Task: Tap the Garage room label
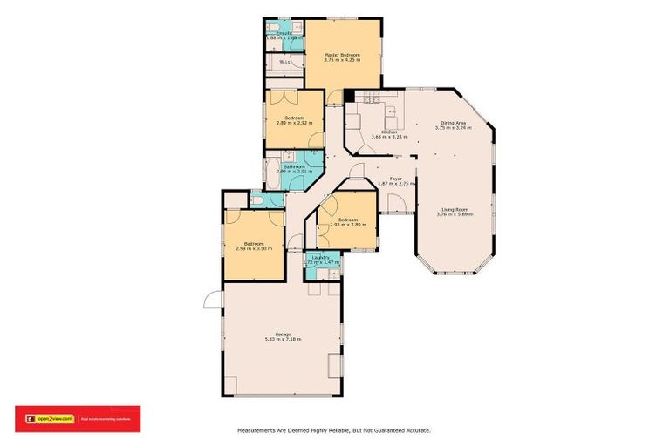[x=283, y=334]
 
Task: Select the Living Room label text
[x=456, y=209]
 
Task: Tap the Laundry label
[x=319, y=257]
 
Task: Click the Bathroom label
[x=293, y=166]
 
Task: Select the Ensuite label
[x=284, y=33]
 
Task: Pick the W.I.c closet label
[x=284, y=62]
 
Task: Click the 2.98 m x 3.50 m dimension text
[x=254, y=248]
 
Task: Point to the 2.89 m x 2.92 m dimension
[x=294, y=123]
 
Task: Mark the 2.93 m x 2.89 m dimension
[x=347, y=225]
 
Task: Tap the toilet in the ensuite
[x=273, y=26]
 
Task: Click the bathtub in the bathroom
[x=272, y=168]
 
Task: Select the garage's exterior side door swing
[x=212, y=300]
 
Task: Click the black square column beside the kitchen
[x=349, y=96]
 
